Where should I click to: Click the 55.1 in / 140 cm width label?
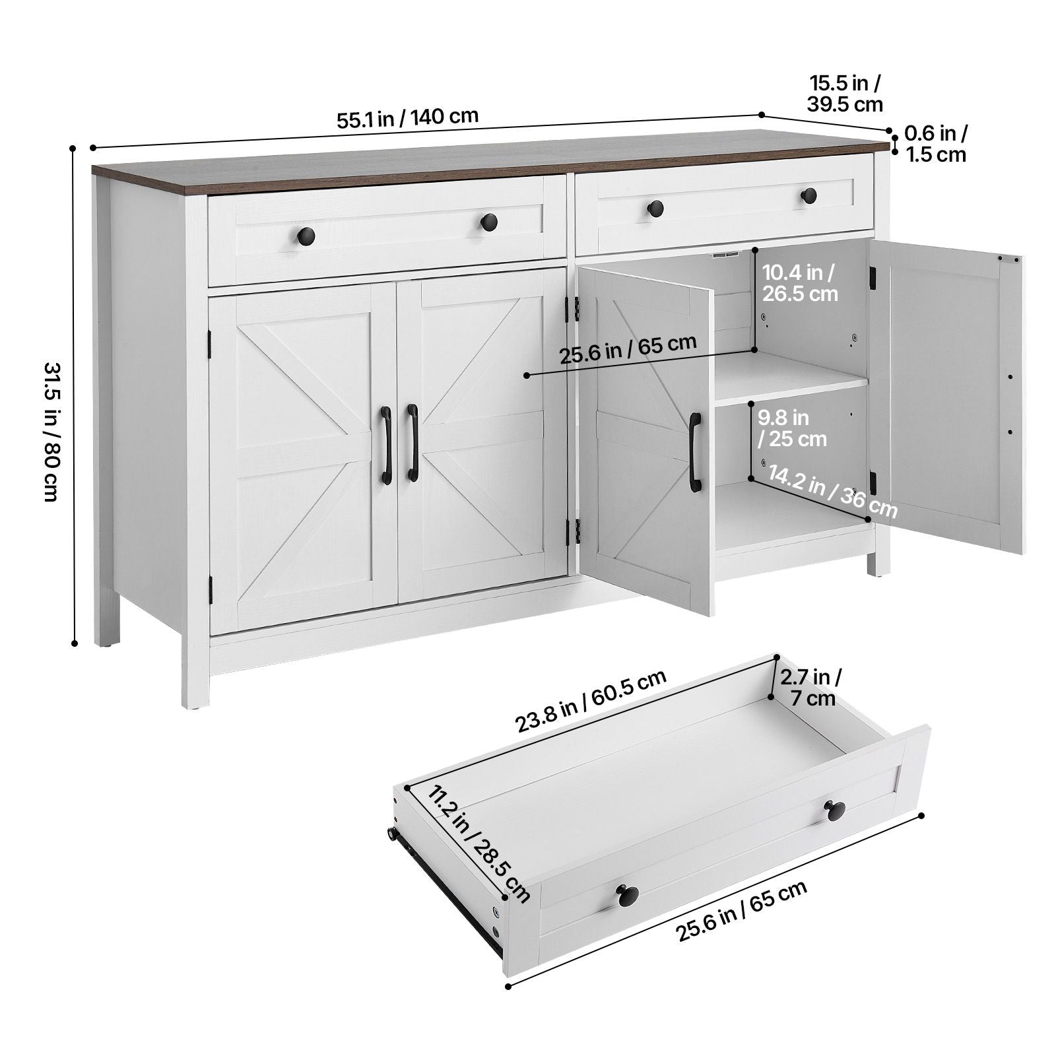click(x=407, y=118)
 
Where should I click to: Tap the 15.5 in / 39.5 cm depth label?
click(x=845, y=93)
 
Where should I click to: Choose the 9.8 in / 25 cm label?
click(x=791, y=428)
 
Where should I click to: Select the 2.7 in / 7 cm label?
click(x=810, y=687)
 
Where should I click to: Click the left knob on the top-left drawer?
click(x=306, y=235)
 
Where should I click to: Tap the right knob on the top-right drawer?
click(x=809, y=195)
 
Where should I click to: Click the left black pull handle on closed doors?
click(x=386, y=444)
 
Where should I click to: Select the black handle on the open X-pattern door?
click(x=695, y=452)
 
